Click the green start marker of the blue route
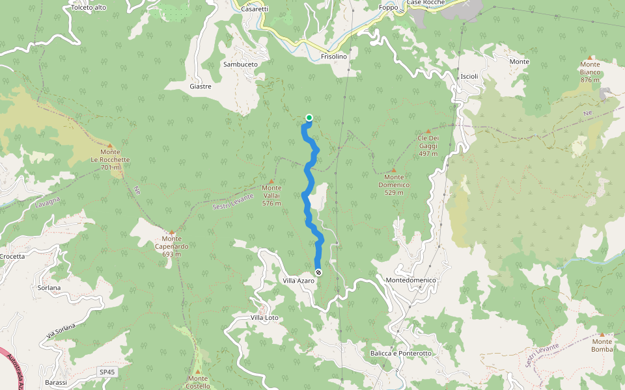click(309, 118)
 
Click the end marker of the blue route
click(318, 272)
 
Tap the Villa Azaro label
click(299, 280)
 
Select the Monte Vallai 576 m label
click(271, 196)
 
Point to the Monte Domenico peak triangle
click(393, 170)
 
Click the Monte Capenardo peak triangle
click(172, 232)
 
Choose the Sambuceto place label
click(240, 64)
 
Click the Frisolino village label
click(334, 57)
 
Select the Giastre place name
click(201, 86)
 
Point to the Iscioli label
click(469, 76)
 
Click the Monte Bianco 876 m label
click(590, 72)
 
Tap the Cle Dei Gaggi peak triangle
click(428, 131)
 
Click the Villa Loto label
click(264, 317)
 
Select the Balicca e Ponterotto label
click(400, 353)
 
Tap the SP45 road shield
click(107, 372)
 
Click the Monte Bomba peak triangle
click(602, 333)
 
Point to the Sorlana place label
click(49, 287)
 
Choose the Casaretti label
click(254, 9)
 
